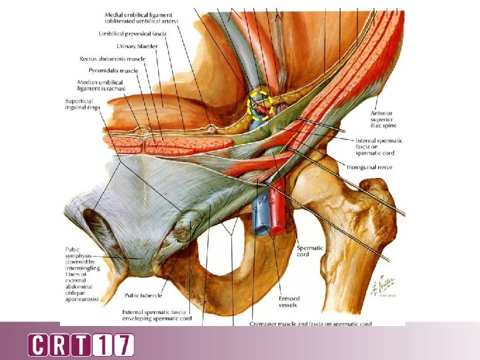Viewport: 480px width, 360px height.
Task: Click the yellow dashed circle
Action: [261, 105]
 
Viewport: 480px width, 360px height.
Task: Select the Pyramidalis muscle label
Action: [113, 70]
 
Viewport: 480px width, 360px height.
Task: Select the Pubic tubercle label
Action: [143, 295]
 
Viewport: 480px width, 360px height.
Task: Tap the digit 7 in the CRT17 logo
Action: [123, 345]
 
